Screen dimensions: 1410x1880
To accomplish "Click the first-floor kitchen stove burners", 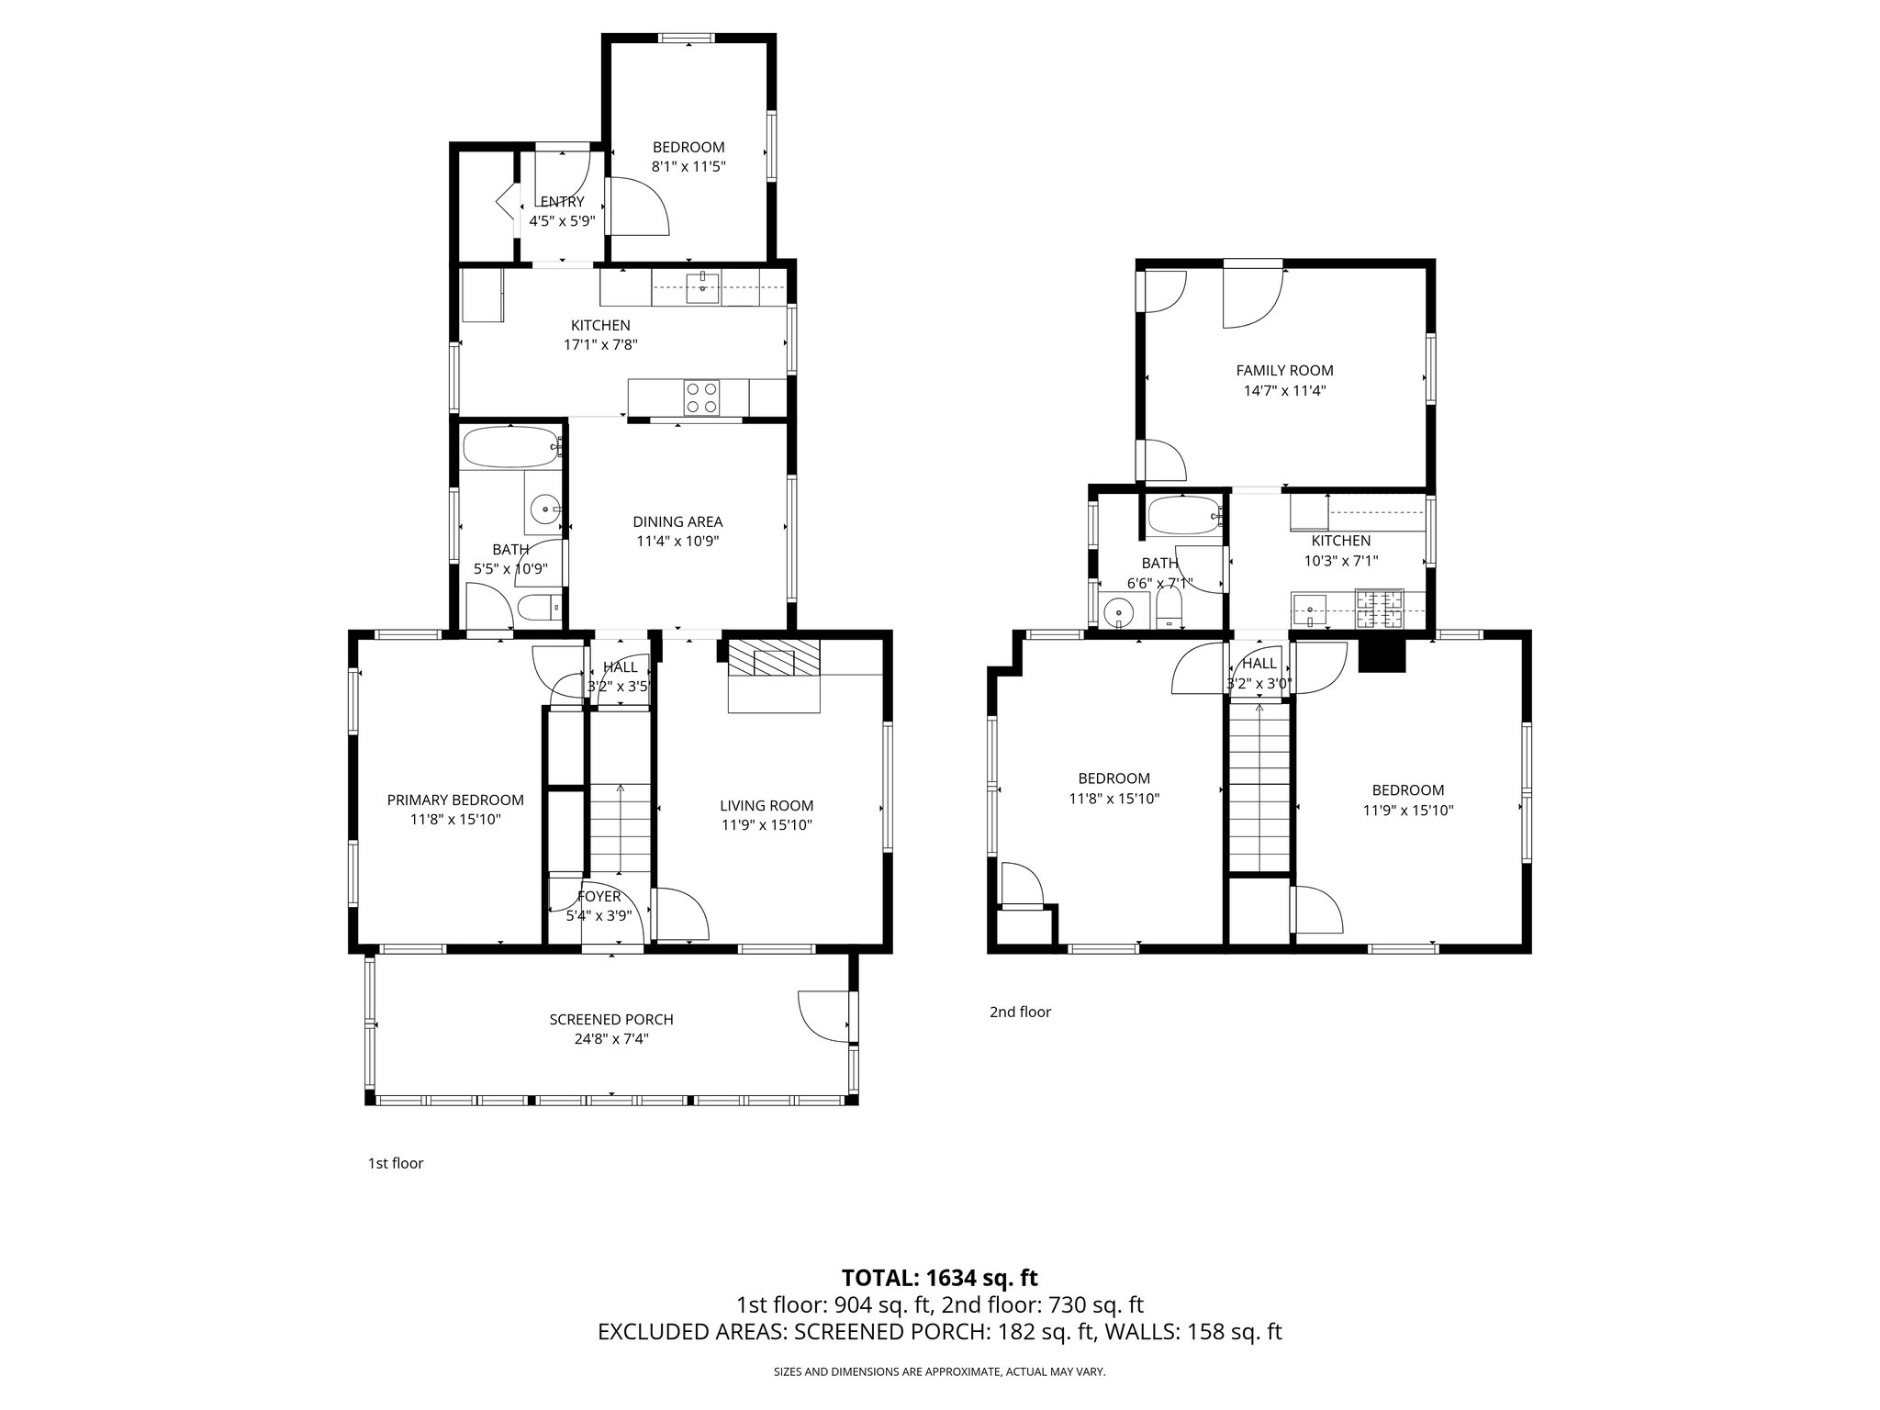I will tap(701, 397).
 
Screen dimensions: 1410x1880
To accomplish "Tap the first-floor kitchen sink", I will tap(703, 285).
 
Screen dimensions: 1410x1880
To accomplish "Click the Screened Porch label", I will tap(611, 1019).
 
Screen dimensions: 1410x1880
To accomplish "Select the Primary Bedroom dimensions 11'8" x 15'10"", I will tap(455, 820).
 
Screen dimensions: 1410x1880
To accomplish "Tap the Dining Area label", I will tap(677, 521).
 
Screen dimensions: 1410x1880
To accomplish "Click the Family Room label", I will tap(1284, 371).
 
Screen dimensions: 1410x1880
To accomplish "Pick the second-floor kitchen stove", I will tap(1380, 609).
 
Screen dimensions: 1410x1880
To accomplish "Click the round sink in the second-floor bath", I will tap(1119, 611).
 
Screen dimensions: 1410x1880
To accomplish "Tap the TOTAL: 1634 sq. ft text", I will tap(939, 1277).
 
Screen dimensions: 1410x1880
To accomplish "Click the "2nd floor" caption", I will tap(1020, 1013).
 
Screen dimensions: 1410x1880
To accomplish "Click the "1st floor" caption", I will tap(396, 1164).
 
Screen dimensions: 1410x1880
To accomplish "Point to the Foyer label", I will tap(599, 897).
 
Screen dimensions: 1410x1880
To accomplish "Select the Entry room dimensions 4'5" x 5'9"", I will tap(563, 221).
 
